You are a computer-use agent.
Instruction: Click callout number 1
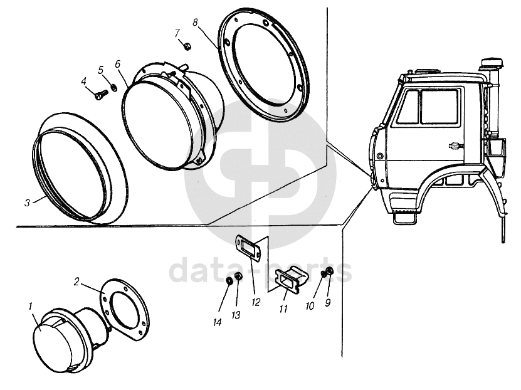coord(31,307)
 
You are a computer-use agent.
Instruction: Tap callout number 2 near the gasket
coord(76,282)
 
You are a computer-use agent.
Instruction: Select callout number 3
coord(27,203)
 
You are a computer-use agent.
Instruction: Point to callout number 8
coord(195,23)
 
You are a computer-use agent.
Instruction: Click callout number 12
coord(256,302)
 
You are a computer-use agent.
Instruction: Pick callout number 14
coord(218,322)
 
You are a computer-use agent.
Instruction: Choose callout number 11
coord(283,309)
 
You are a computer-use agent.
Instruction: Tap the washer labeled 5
coord(113,87)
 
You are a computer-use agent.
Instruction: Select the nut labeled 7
coord(187,46)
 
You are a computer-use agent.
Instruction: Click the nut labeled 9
coord(330,271)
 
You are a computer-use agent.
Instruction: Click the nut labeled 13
coord(238,277)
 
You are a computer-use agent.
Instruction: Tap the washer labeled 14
coord(229,281)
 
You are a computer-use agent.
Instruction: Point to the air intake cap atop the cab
coord(492,63)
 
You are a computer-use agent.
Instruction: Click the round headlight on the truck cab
coord(379,155)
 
